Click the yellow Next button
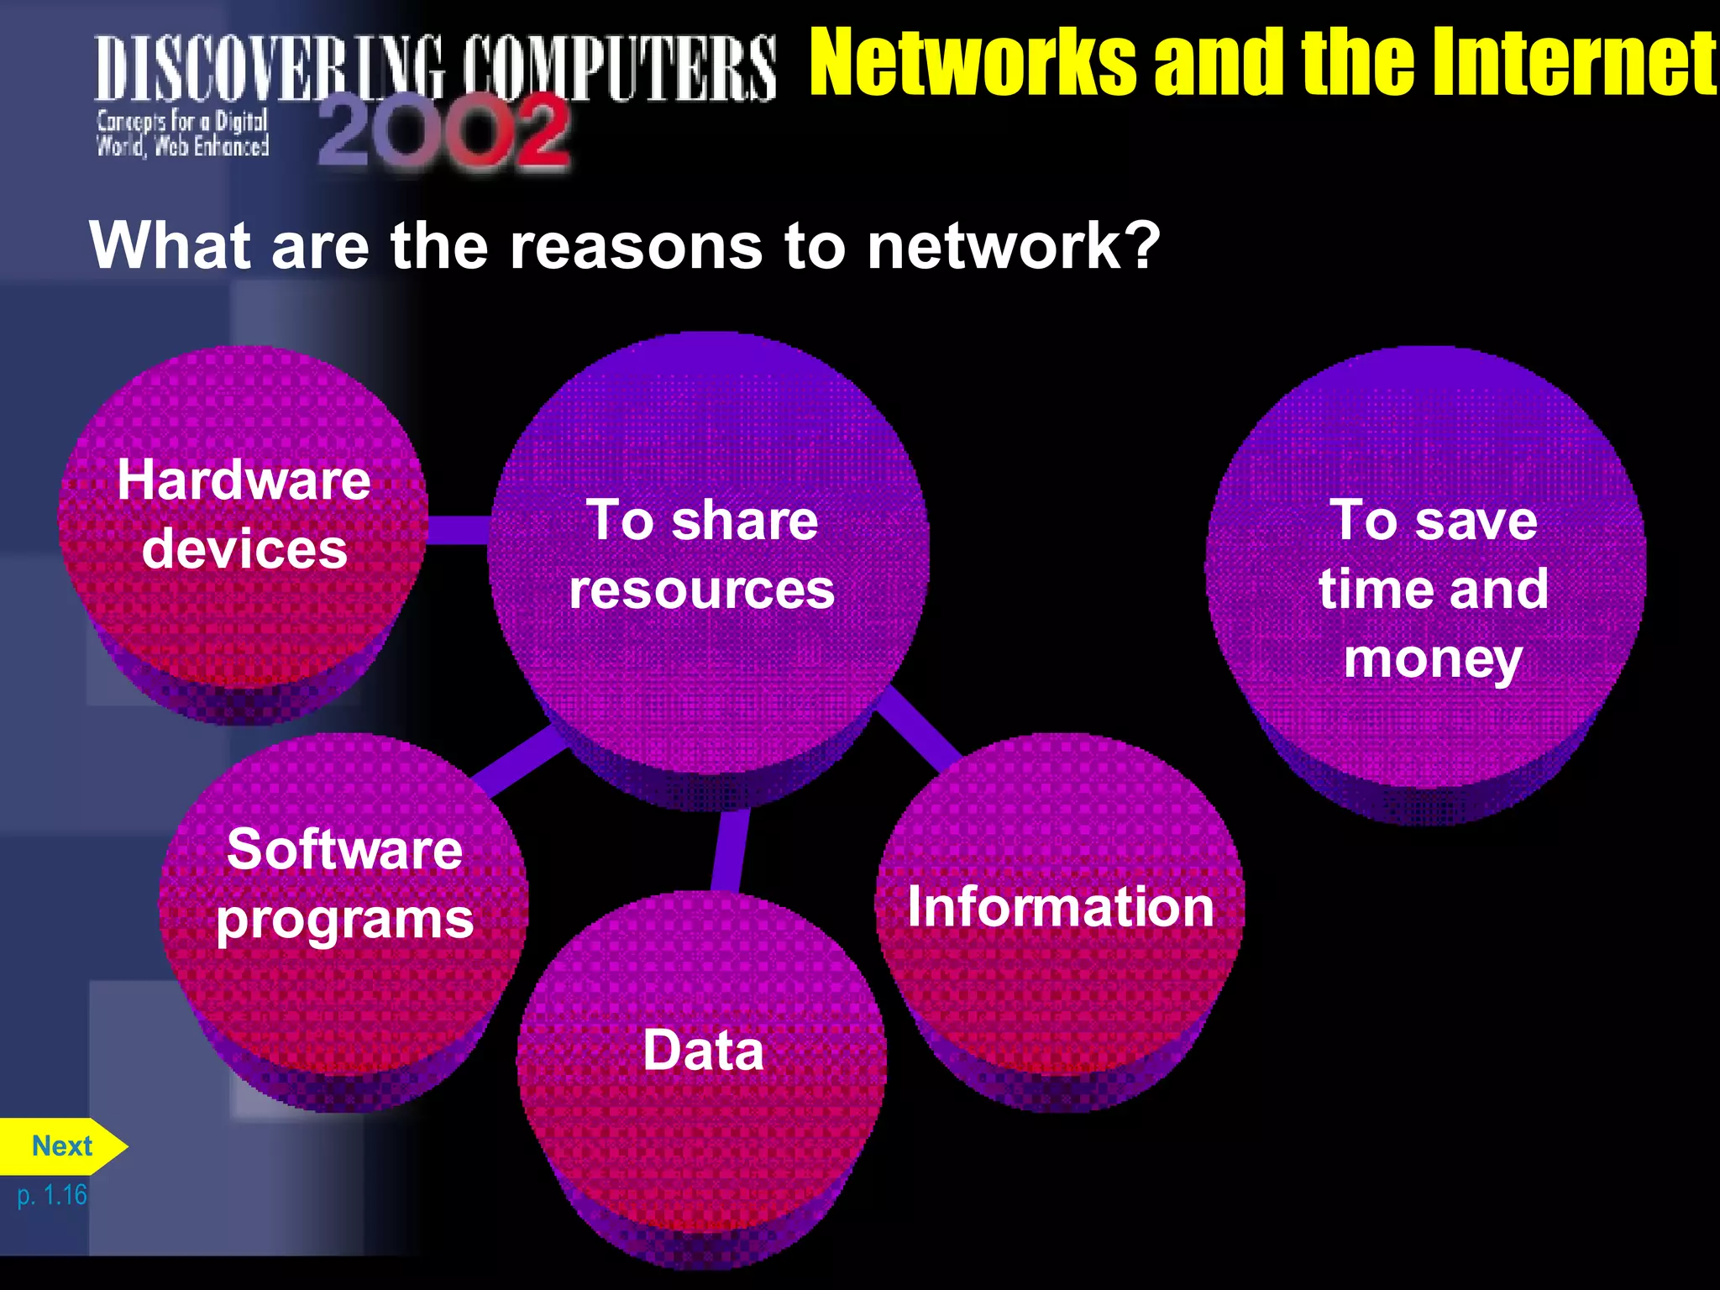(61, 1146)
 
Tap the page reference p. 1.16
(52, 1195)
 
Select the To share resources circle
(707, 554)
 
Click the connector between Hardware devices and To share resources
(459, 529)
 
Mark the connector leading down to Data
(729, 848)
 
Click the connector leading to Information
(920, 727)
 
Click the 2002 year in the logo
(443, 130)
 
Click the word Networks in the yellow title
(974, 62)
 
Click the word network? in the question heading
(1013, 247)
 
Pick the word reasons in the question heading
(636, 247)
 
